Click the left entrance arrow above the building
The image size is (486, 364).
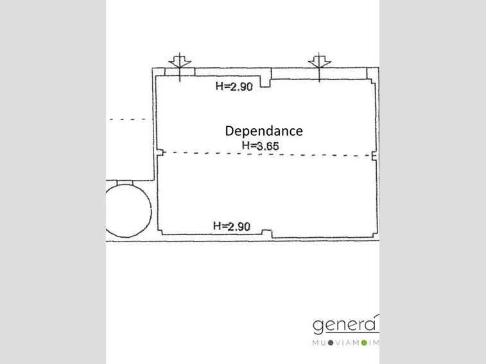click(180, 67)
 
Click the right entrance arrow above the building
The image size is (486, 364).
click(319, 67)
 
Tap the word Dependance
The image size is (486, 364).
click(264, 131)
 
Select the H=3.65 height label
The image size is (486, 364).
click(261, 145)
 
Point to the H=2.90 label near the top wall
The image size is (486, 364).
click(234, 87)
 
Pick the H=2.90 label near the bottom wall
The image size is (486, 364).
click(232, 226)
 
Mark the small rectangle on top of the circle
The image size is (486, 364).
click(125, 183)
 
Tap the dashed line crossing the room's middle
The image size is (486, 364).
click(267, 154)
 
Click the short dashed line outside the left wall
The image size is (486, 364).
click(128, 119)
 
